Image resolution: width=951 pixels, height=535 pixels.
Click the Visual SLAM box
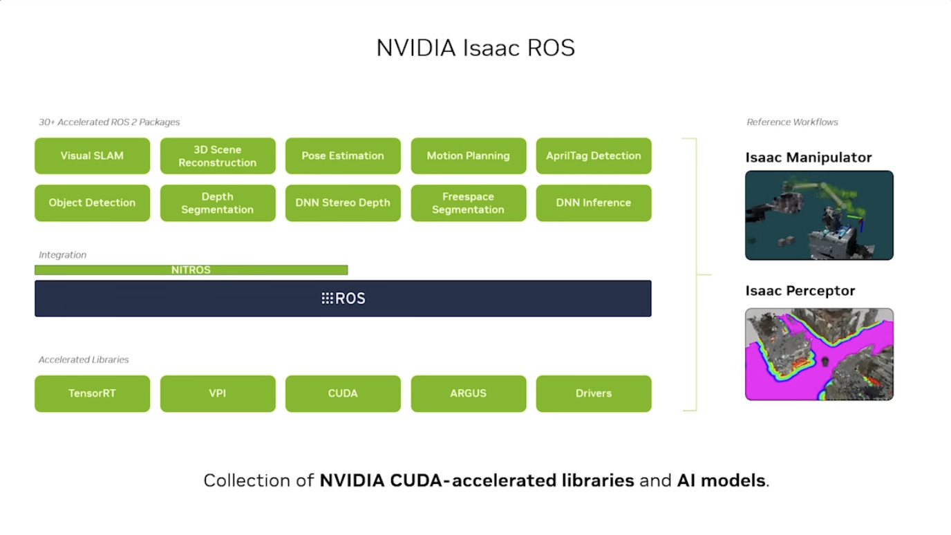pyautogui.click(x=92, y=156)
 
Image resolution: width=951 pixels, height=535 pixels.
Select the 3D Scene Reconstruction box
pyautogui.click(x=218, y=156)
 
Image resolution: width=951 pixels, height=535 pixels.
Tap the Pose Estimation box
pyautogui.click(x=343, y=156)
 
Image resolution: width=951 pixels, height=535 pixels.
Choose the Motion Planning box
pyautogui.click(x=468, y=156)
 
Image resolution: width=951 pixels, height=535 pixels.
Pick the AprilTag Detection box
pyautogui.click(x=594, y=156)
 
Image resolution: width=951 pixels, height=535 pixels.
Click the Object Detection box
pyautogui.click(x=92, y=203)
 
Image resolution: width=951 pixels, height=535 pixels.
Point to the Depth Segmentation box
pyautogui.click(x=218, y=203)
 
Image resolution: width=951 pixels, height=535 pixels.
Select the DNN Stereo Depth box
pyautogui.click(x=343, y=203)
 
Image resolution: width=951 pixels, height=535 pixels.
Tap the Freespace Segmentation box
pyautogui.click(x=468, y=203)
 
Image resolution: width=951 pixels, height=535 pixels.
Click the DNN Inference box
pyautogui.click(x=594, y=203)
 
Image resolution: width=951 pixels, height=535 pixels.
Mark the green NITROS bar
pyautogui.click(x=191, y=270)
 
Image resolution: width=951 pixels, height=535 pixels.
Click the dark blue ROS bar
pyautogui.click(x=343, y=299)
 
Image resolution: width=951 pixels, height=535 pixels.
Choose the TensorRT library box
pyautogui.click(x=92, y=393)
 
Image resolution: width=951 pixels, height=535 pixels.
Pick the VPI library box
pyautogui.click(x=218, y=393)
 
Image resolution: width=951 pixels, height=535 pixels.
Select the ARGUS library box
pyautogui.click(x=468, y=393)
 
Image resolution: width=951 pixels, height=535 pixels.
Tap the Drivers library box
pyautogui.click(x=594, y=393)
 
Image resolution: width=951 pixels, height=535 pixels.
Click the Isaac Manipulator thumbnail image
pyautogui.click(x=819, y=215)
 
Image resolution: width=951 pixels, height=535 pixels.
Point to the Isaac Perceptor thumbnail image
pyautogui.click(x=819, y=354)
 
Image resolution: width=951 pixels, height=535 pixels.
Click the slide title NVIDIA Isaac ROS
pyautogui.click(x=475, y=48)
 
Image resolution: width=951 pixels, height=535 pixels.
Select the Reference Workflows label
pyautogui.click(x=792, y=122)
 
